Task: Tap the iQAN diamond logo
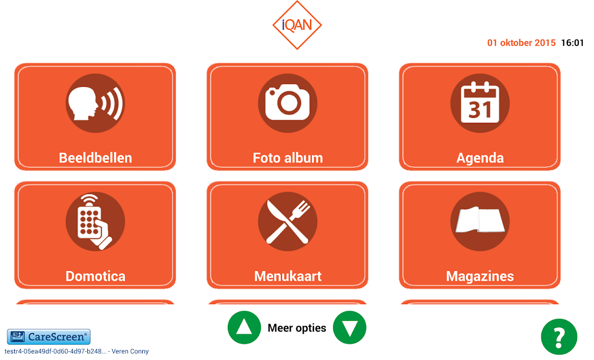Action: [x=297, y=25]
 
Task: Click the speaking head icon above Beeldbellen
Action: [x=95, y=103]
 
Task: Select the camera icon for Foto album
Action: [x=288, y=103]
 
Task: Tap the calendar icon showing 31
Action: [x=480, y=103]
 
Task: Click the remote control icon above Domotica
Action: [x=95, y=221]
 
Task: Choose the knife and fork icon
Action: [x=288, y=221]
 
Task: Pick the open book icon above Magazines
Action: [x=480, y=221]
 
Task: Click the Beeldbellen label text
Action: [x=95, y=158]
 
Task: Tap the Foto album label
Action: [x=288, y=158]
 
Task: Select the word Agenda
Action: [x=480, y=158]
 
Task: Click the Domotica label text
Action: [x=95, y=276]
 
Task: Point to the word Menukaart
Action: [x=288, y=276]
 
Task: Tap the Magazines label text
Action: [x=480, y=277]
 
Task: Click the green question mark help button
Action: [x=559, y=337]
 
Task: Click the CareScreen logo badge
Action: [x=49, y=337]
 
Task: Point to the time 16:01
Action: [x=572, y=43]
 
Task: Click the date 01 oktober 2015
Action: [x=522, y=43]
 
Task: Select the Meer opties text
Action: [x=297, y=328]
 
